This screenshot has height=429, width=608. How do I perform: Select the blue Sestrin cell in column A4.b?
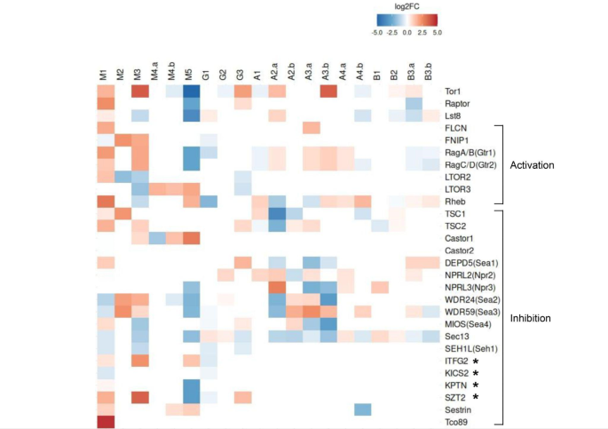[362, 409]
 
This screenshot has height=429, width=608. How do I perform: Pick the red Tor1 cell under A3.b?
[328, 91]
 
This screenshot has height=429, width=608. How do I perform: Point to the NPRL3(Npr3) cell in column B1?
[379, 287]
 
